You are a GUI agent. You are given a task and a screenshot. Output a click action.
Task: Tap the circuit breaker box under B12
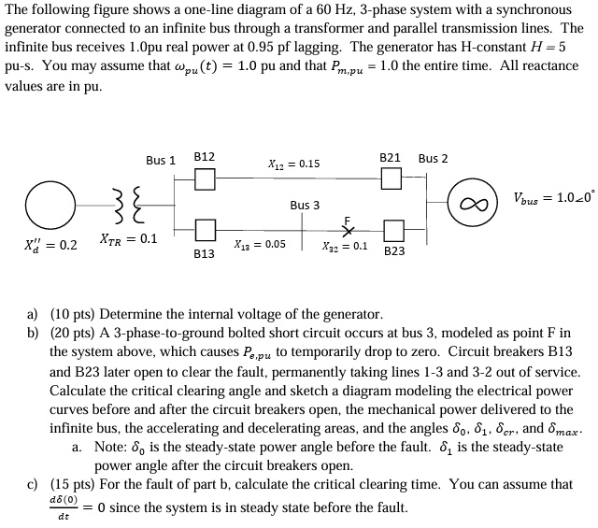click(206, 178)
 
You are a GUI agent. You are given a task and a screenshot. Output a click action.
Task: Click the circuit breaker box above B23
click(394, 229)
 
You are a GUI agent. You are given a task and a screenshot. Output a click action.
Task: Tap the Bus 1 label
click(161, 160)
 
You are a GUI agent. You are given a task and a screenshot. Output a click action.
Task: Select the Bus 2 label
click(433, 158)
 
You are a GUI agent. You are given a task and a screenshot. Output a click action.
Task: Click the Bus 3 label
click(305, 205)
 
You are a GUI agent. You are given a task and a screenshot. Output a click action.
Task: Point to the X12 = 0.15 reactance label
click(293, 164)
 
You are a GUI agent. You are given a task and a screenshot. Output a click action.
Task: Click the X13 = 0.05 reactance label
click(263, 244)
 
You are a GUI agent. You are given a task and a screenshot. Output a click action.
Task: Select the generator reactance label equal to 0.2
click(50, 247)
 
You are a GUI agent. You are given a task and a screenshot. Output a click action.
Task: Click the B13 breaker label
click(204, 253)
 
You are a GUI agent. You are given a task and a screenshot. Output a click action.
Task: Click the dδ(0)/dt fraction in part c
click(64, 507)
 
